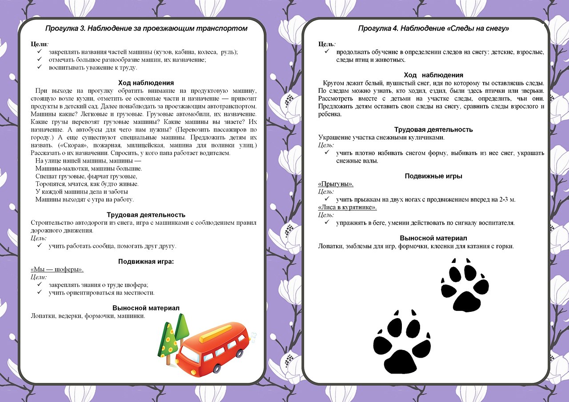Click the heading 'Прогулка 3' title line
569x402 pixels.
click(146, 28)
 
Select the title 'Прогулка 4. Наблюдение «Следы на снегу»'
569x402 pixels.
click(433, 28)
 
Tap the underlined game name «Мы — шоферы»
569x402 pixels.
click(57, 269)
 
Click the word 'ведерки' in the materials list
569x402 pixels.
click(70, 316)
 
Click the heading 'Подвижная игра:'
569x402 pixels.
click(146, 261)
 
